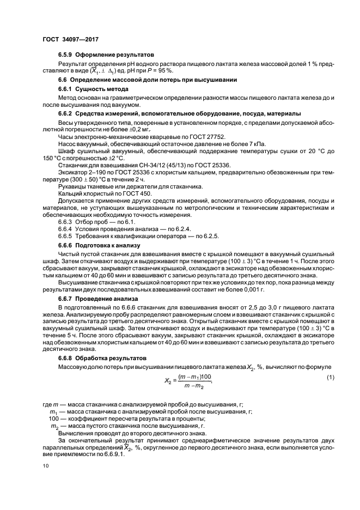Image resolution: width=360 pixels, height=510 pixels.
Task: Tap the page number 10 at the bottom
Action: (46, 466)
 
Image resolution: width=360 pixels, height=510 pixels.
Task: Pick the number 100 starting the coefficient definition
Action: (54, 419)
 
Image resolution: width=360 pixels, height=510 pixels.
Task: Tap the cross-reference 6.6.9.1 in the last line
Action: (114, 456)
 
